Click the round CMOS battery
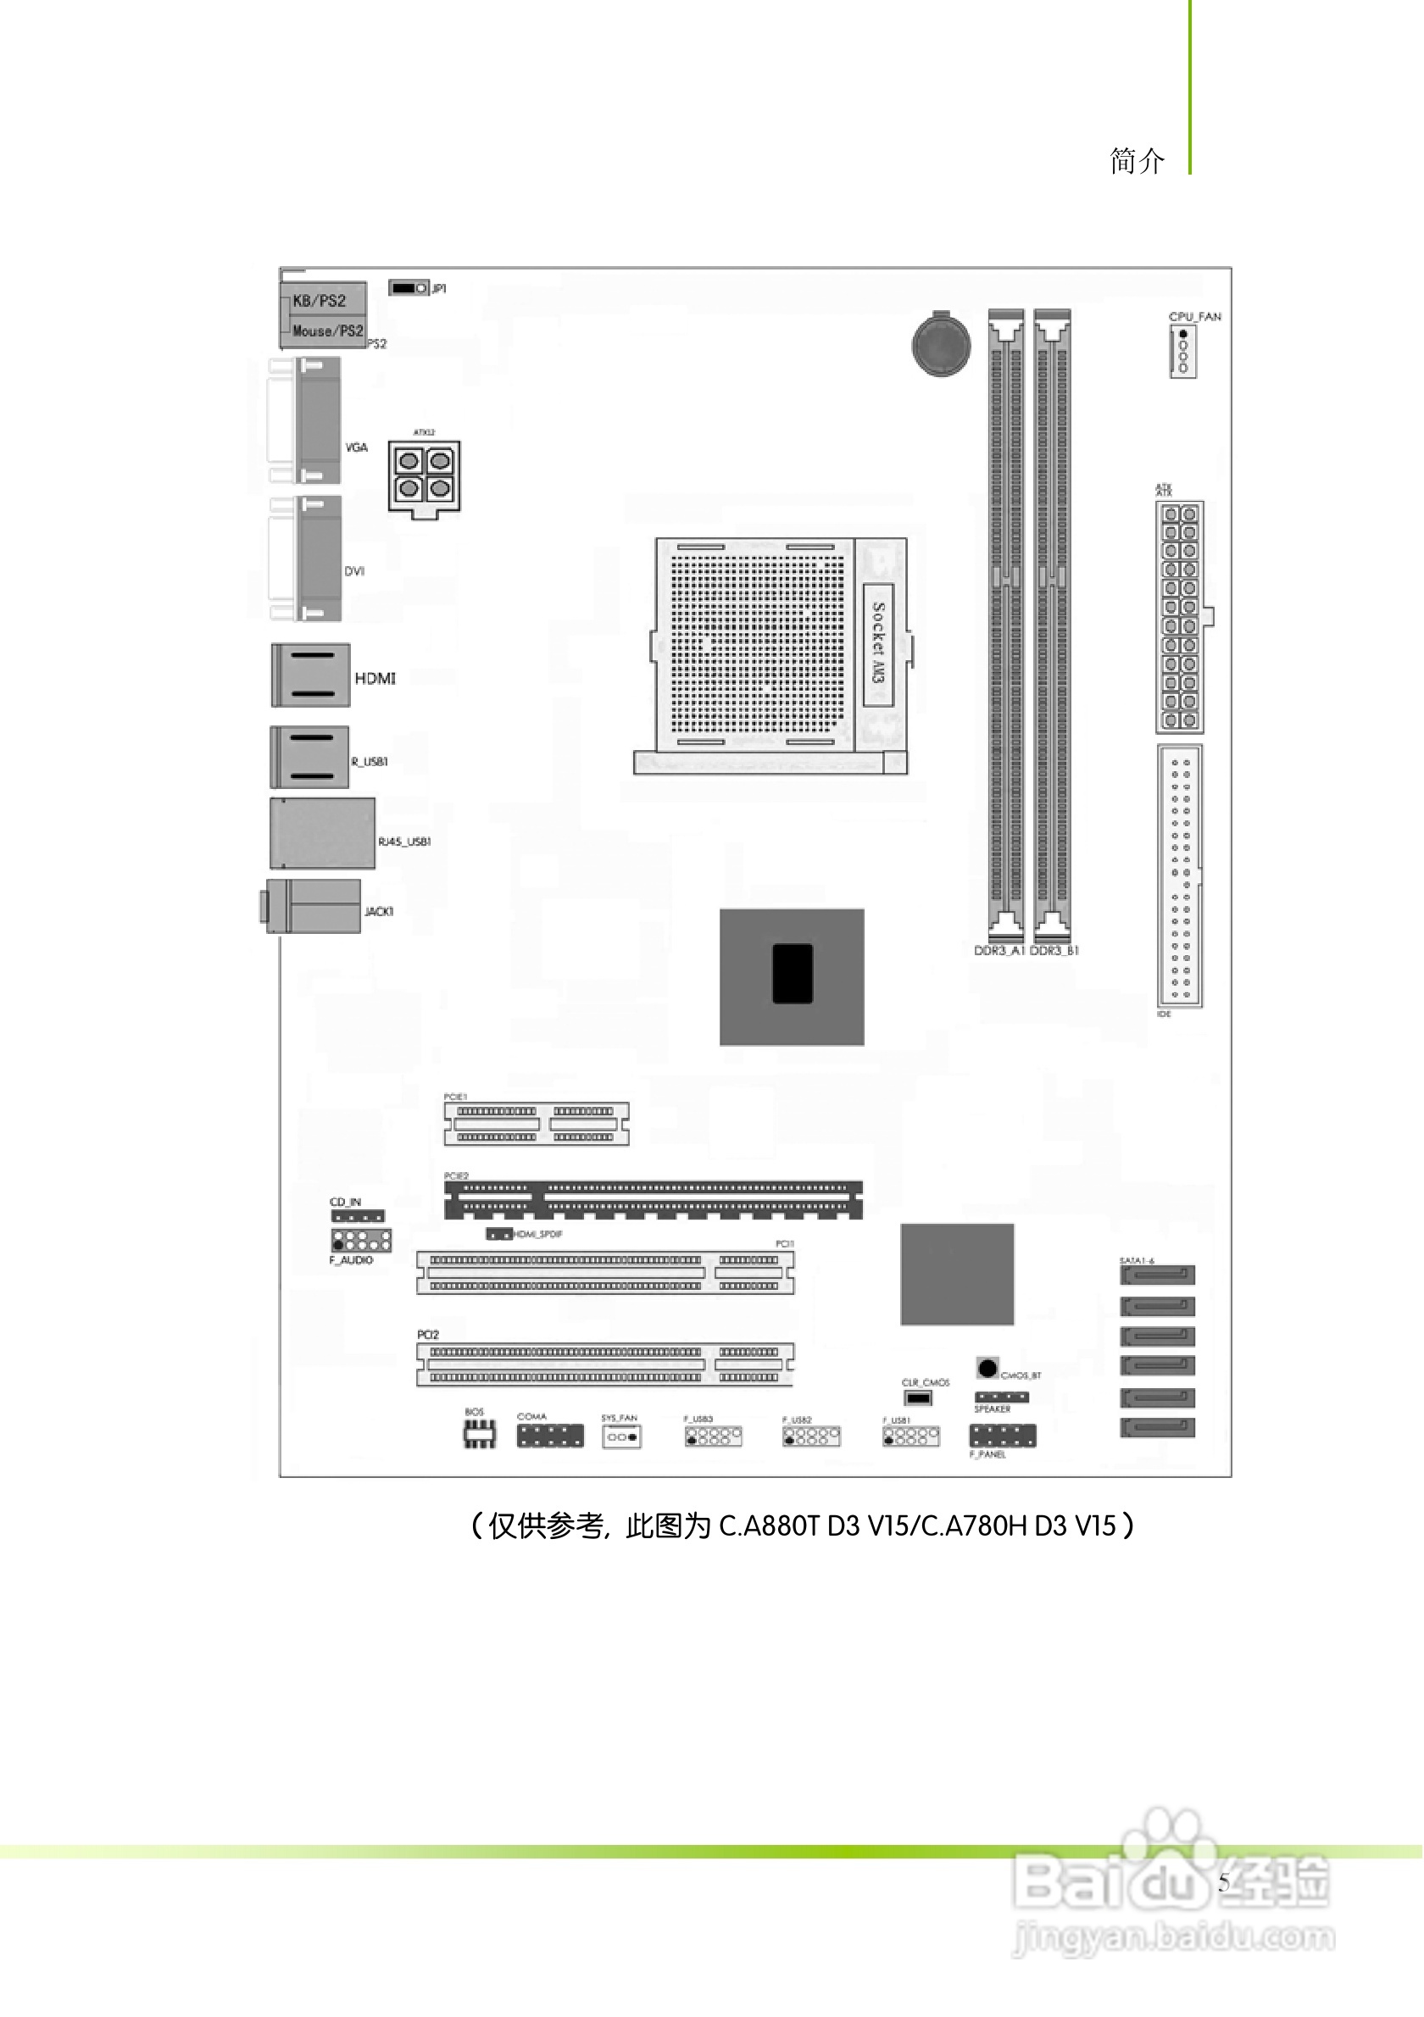941,344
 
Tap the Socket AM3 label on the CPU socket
877,644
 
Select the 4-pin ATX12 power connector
425,475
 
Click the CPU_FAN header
1182,352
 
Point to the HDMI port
310,675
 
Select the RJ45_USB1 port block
322,833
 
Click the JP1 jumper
409,288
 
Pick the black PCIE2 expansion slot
653,1199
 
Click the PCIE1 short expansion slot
536,1124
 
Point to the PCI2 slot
604,1364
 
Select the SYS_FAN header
621,1437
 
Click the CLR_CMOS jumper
918,1397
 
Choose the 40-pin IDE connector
1180,875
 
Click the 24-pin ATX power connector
1179,617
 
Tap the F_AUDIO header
361,1241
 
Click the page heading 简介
1137,162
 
